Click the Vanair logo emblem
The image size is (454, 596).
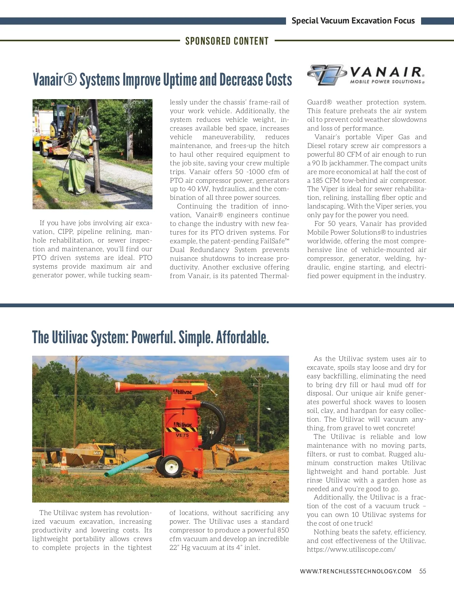pyautogui.click(x=327, y=75)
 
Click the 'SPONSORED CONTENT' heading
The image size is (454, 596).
pyautogui.click(x=227, y=41)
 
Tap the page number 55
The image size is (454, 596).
pyautogui.click(x=423, y=571)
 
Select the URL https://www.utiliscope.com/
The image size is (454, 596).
pyautogui.click(x=351, y=549)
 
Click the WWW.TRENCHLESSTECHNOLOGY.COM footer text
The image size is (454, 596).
pyautogui.click(x=356, y=571)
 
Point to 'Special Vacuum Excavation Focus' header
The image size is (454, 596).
pyautogui.click(x=353, y=21)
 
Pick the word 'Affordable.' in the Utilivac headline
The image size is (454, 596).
pyautogui.click(x=243, y=338)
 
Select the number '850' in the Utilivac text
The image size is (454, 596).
pyautogui.click(x=283, y=530)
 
